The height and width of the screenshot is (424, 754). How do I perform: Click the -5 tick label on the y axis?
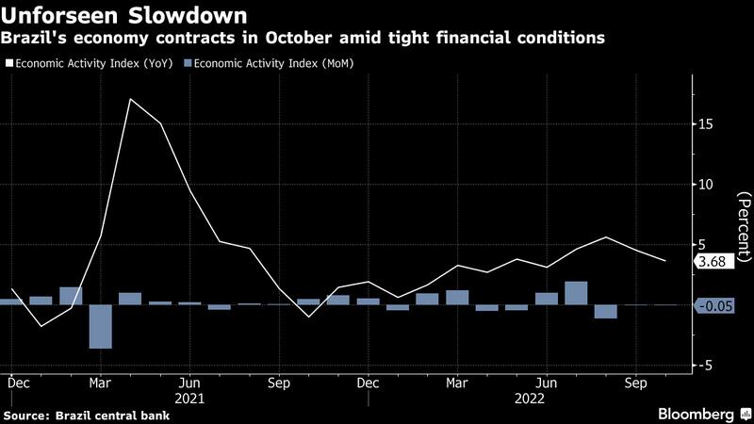click(x=705, y=366)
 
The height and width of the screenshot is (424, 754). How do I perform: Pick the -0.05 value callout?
click(x=713, y=306)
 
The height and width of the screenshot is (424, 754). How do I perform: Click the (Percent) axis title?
click(x=744, y=225)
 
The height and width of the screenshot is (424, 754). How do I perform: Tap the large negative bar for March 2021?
click(x=100, y=326)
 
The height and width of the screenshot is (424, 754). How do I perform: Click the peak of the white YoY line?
click(x=130, y=99)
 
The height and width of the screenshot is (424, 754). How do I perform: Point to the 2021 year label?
click(x=189, y=399)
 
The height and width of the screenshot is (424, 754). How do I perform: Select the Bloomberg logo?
click(x=696, y=415)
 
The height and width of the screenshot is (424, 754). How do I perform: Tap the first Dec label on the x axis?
click(x=17, y=384)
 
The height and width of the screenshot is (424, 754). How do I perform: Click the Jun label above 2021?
click(x=189, y=384)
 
